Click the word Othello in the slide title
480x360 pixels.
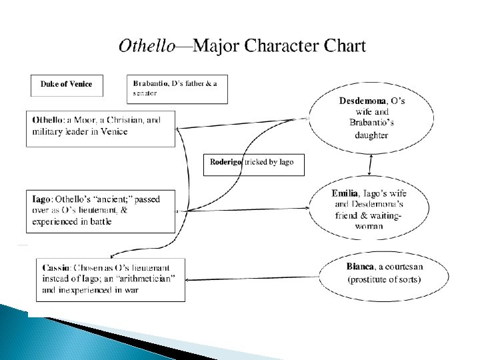[x=147, y=46]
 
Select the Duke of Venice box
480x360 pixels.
[x=66, y=84]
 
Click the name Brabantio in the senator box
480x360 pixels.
[x=151, y=83]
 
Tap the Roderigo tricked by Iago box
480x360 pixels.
[x=253, y=162]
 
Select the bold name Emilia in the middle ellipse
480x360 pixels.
[x=345, y=193]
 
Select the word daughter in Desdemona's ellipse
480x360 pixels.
[x=371, y=135]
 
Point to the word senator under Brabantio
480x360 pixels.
[x=145, y=94]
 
